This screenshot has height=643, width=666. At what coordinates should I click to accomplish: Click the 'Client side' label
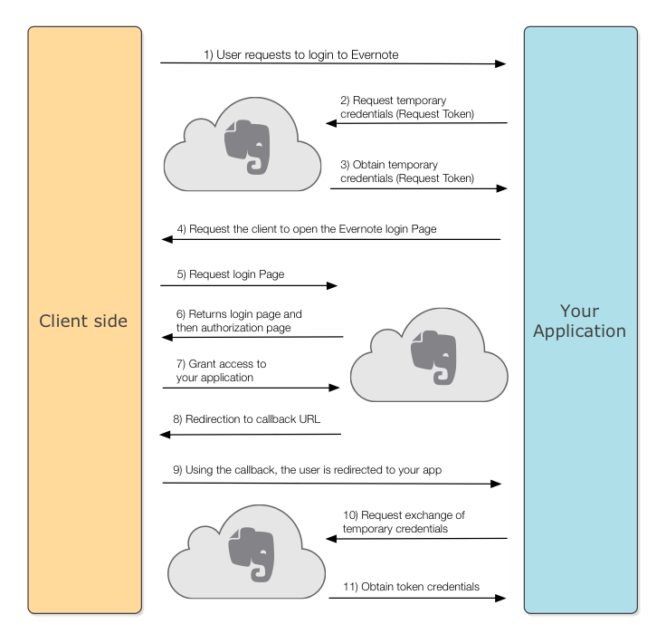tap(84, 321)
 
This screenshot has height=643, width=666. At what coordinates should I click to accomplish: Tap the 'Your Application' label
tap(579, 321)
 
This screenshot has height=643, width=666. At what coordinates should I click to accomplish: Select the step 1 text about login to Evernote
tap(301, 55)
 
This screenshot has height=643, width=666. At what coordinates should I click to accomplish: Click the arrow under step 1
tap(332, 64)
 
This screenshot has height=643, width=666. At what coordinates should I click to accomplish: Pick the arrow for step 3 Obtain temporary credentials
tap(417, 189)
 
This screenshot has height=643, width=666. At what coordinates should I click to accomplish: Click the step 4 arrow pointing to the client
tap(331, 240)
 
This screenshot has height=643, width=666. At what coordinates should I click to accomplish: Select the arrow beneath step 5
tap(249, 286)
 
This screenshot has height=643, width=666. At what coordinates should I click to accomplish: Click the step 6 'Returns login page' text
tap(239, 321)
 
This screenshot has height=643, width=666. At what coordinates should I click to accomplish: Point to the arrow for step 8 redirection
tap(251, 435)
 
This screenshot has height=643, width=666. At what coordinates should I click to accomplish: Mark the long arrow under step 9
tap(332, 484)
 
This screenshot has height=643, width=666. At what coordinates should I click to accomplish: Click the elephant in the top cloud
tap(247, 145)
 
